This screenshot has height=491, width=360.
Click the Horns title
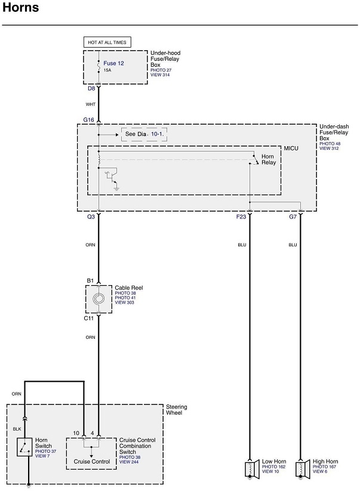point(21,8)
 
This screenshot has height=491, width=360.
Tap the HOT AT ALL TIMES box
point(107,42)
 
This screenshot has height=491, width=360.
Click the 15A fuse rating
point(107,70)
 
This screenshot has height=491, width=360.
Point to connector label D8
point(91,88)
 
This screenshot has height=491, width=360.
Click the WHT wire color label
point(91,104)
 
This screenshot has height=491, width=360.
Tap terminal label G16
point(89,120)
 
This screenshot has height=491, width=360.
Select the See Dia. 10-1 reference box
point(143,135)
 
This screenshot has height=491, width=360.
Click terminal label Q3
point(91,217)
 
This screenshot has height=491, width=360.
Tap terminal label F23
point(241,217)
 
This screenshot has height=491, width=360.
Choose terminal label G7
point(293,217)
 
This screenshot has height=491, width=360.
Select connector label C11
point(89,319)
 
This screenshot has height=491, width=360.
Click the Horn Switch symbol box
point(24,447)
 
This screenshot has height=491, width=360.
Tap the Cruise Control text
point(91,462)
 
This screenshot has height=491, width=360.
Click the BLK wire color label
point(17,428)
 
